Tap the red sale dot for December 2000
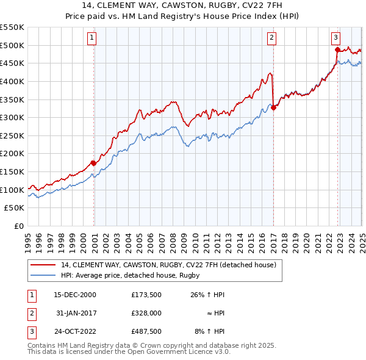(94, 163)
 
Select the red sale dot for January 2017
(273, 107)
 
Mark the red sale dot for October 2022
(337, 49)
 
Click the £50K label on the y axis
(15, 208)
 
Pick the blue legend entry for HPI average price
(134, 276)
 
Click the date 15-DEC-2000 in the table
(74, 295)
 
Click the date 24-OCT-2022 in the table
(74, 333)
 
